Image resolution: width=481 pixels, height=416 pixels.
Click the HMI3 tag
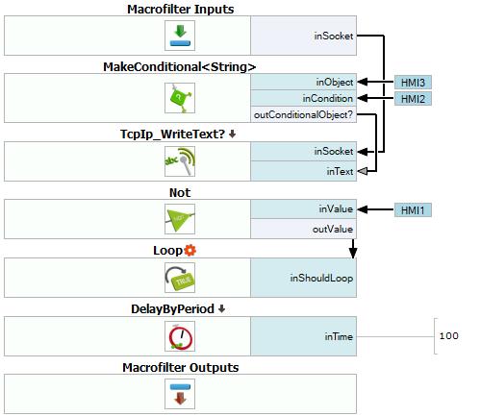[x=413, y=83]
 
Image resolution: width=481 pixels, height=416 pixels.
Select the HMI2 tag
[x=413, y=99]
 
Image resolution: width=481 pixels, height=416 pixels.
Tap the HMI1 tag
[x=413, y=210]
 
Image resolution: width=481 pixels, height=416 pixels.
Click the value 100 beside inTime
[x=448, y=336]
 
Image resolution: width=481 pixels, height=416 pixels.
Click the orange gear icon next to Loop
[x=190, y=250]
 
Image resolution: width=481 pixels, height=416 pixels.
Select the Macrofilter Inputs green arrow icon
[x=180, y=36]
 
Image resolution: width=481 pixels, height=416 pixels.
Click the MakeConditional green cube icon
[x=180, y=98]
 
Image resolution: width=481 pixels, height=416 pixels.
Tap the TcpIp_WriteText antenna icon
[x=180, y=161]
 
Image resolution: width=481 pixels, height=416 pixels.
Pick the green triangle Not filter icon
[x=180, y=219]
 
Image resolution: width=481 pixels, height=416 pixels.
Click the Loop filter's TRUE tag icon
[x=180, y=278]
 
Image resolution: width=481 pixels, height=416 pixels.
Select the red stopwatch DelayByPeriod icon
[x=180, y=336]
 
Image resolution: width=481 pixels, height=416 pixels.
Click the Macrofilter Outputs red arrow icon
[x=180, y=394]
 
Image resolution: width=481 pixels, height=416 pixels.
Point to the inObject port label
[x=335, y=83]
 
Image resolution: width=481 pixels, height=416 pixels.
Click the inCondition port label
[x=328, y=98]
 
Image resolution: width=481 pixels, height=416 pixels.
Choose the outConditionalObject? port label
[x=303, y=114]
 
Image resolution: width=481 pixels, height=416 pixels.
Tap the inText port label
[x=340, y=171]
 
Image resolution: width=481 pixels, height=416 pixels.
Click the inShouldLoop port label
[x=321, y=278]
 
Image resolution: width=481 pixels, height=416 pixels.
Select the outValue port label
[x=333, y=229]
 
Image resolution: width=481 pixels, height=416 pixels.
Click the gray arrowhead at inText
[x=363, y=171]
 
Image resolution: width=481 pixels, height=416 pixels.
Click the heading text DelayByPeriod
[x=172, y=309]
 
